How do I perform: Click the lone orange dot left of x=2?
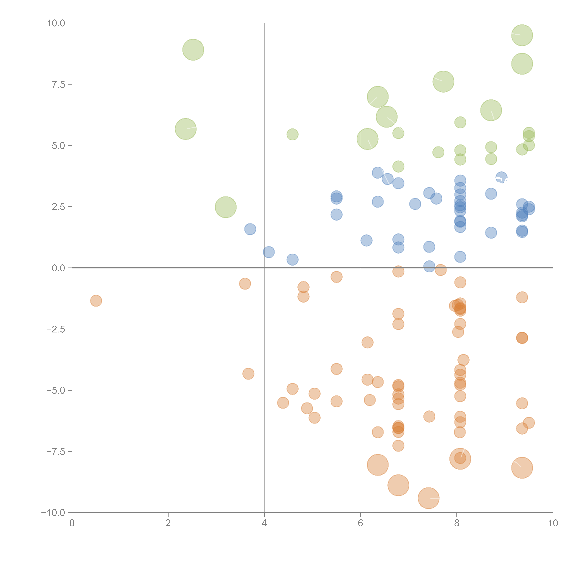click(96, 301)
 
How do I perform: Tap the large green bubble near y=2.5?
click(226, 207)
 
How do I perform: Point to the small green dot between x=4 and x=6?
click(292, 134)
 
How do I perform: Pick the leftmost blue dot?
click(250, 229)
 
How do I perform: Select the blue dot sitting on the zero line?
click(429, 266)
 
